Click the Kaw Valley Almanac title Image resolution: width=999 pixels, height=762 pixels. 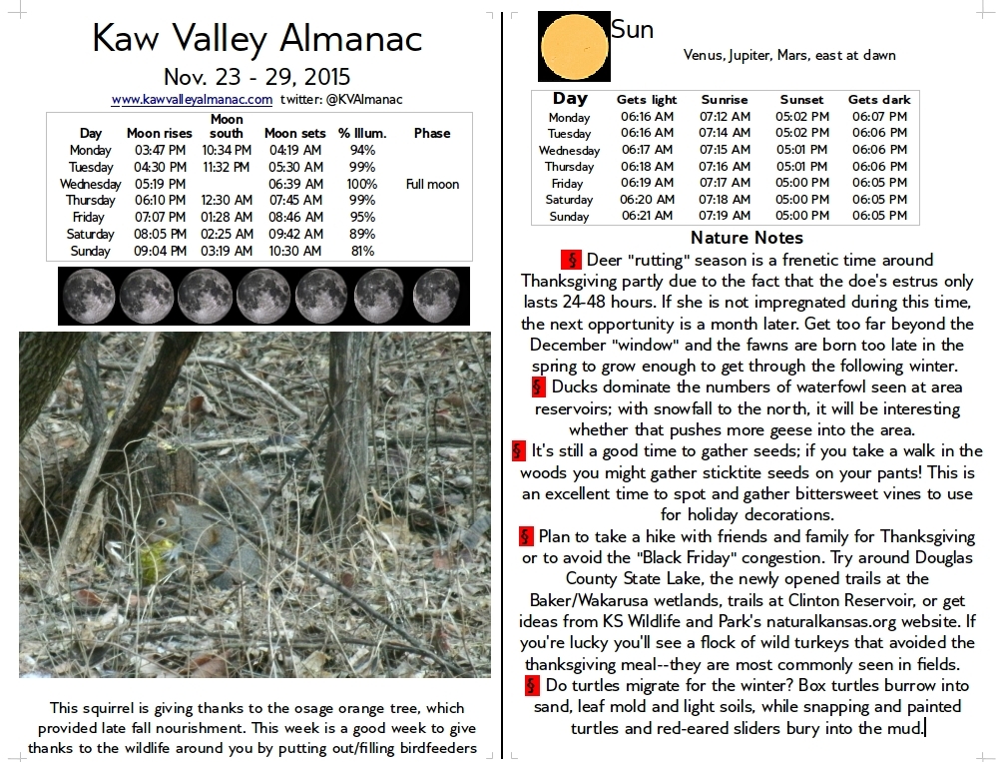(257, 39)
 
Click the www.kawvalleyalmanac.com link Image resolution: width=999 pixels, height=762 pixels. (192, 100)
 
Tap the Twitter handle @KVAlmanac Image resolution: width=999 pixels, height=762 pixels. (341, 100)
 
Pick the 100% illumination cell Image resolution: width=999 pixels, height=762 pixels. (362, 184)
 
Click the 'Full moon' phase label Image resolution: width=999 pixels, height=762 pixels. (432, 184)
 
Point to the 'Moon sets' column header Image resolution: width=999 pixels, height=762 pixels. (293, 133)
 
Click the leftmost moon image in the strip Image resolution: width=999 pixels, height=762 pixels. (88, 296)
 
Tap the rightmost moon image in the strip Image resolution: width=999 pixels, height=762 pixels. (436, 296)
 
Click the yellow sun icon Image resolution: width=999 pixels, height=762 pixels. (573, 47)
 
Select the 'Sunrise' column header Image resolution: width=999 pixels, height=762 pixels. (725, 100)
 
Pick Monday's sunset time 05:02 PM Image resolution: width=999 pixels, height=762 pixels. (801, 117)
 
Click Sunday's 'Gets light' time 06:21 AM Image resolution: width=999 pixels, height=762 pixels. (647, 216)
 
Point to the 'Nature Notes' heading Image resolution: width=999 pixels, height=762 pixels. (747, 238)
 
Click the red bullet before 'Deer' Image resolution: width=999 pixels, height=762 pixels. (571, 260)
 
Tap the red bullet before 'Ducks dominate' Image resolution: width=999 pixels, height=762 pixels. (539, 386)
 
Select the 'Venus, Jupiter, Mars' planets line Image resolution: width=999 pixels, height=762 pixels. (788, 56)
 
